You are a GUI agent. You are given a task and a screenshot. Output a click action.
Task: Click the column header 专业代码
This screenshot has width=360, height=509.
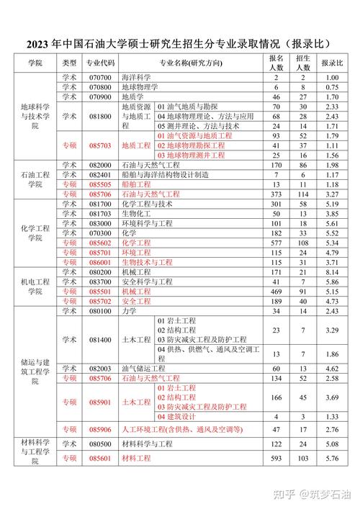tap(101, 63)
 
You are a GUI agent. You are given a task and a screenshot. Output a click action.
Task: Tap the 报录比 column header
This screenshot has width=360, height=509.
tap(332, 63)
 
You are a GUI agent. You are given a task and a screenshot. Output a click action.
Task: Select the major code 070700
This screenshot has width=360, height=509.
tap(101, 77)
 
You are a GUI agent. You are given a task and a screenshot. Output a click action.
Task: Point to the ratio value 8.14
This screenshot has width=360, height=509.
tap(332, 272)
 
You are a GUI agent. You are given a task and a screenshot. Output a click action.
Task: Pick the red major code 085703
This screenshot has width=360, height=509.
tap(101, 145)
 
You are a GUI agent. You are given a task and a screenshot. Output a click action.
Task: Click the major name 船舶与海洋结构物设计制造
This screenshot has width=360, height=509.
tap(166, 174)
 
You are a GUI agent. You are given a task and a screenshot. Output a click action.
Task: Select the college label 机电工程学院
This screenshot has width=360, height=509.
tap(34, 287)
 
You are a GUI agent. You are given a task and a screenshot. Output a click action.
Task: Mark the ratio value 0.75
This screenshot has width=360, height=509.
tap(332, 86)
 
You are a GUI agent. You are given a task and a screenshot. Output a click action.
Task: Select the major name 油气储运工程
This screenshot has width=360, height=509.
tap(145, 368)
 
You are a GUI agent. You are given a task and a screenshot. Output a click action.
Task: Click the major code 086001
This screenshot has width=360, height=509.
tap(101, 262)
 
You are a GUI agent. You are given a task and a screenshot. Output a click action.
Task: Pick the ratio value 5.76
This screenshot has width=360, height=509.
tap(332, 458)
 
